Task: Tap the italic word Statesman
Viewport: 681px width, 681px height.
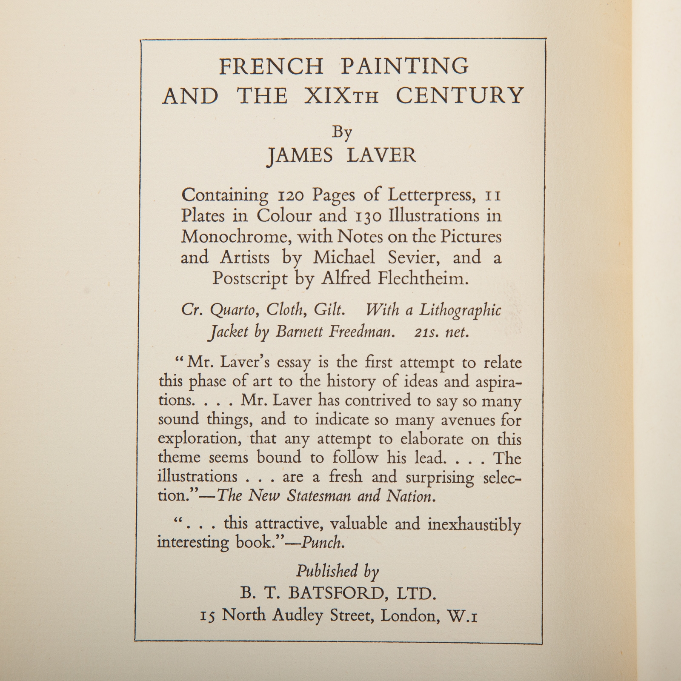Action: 320,495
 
